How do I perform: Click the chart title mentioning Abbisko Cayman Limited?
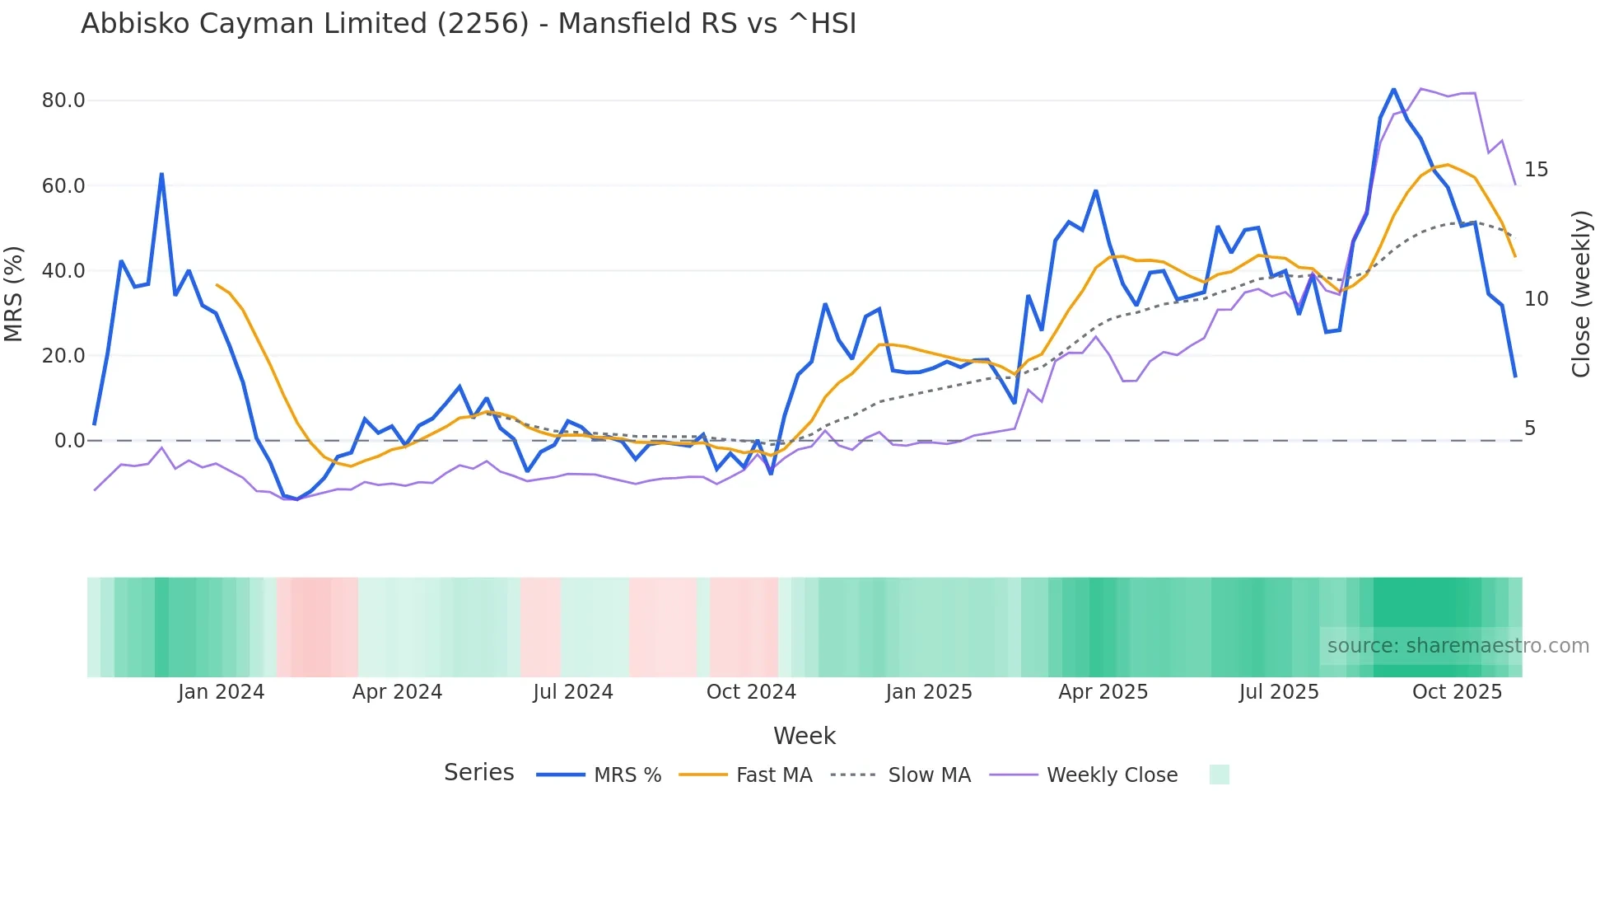point(469,24)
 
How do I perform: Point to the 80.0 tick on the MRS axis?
point(63,101)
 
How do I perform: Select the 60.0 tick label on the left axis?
point(63,185)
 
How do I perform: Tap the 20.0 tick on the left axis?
point(63,356)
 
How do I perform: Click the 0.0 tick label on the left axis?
point(69,441)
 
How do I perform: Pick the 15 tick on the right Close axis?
point(1536,170)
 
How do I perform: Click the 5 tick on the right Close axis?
point(1530,428)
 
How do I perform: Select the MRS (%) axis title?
point(14,293)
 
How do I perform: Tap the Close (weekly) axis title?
point(1580,293)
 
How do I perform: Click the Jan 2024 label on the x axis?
point(221,692)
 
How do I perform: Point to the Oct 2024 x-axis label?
point(751,692)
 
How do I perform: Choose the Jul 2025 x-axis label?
point(1279,692)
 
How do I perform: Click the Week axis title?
point(805,736)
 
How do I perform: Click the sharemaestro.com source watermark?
point(1458,646)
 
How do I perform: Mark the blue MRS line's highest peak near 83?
point(1393,89)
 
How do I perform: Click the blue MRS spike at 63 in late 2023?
point(161,174)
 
